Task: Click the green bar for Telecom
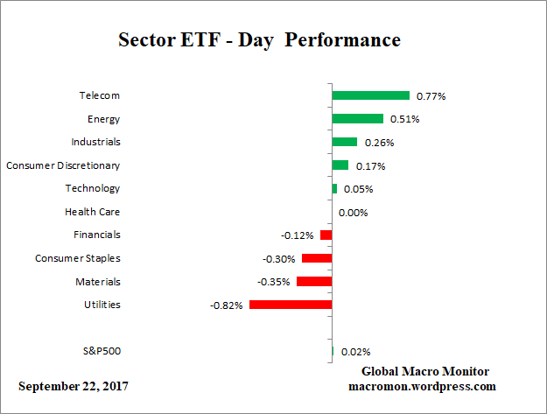[x=370, y=95]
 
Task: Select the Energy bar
[x=357, y=118]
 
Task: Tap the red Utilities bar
[x=291, y=305]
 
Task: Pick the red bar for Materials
[x=314, y=282]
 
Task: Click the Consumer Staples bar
[x=317, y=258]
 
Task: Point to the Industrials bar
[x=344, y=142]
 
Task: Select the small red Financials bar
[x=326, y=235]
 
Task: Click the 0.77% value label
[x=431, y=96]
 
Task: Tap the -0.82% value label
[x=226, y=305]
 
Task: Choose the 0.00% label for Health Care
[x=353, y=213]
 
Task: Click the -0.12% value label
[x=298, y=235]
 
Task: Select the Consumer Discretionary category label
[x=63, y=165]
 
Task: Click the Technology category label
[x=93, y=188]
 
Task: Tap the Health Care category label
[x=92, y=212]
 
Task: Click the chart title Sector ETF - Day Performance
[x=259, y=40]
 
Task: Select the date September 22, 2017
[x=78, y=386]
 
